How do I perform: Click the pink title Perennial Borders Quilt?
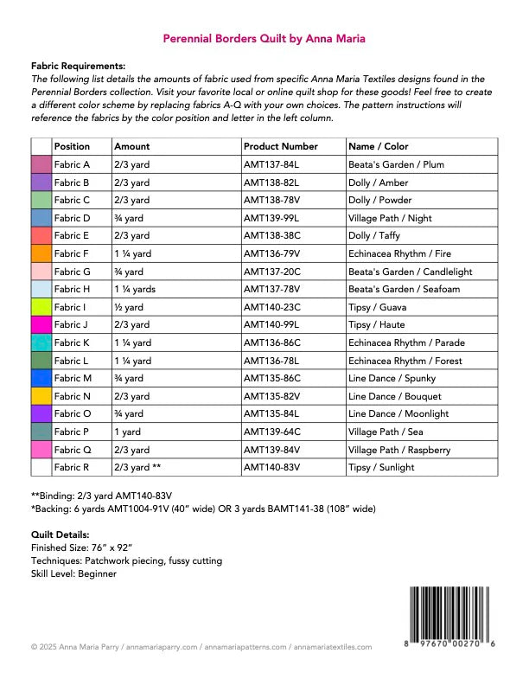pyautogui.click(x=264, y=38)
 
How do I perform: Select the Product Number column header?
pyautogui.click(x=281, y=146)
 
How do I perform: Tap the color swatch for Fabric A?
pyautogui.click(x=41, y=164)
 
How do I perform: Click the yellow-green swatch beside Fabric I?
pyautogui.click(x=41, y=307)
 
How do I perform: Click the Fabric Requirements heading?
pyautogui.click(x=78, y=66)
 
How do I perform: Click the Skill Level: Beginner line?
pyautogui.click(x=73, y=573)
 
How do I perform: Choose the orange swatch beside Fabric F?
pyautogui.click(x=41, y=253)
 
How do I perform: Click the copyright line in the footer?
pyautogui.click(x=201, y=646)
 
